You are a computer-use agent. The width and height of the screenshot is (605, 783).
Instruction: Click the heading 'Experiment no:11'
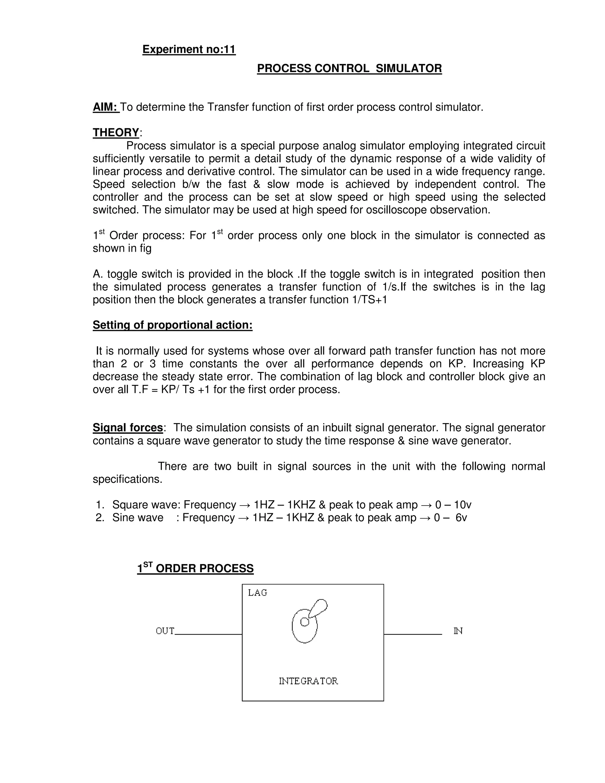click(x=189, y=49)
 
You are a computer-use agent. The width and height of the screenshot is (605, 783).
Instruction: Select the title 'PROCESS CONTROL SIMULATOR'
click(x=349, y=69)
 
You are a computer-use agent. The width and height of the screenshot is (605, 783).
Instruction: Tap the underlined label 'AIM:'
click(x=105, y=107)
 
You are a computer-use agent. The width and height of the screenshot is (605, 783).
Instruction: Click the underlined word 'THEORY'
click(x=116, y=133)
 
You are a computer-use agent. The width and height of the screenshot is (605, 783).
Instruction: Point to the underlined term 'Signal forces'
click(x=128, y=428)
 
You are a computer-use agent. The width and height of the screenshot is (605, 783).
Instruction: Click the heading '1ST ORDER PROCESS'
click(x=195, y=568)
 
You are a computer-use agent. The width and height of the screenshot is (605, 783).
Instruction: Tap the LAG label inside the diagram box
click(x=257, y=593)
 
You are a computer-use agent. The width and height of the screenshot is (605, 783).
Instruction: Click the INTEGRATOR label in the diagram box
click(x=308, y=681)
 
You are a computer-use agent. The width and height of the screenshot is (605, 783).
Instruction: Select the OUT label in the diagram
click(x=165, y=631)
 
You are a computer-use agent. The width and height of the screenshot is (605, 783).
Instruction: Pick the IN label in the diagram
click(x=458, y=631)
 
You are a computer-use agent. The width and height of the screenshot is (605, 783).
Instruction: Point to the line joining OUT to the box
click(x=208, y=634)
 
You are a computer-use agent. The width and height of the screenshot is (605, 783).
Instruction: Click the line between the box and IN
click(x=412, y=634)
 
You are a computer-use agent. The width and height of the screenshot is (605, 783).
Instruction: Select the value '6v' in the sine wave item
click(x=461, y=518)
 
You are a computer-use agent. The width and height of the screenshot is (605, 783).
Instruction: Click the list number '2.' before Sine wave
click(x=100, y=518)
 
